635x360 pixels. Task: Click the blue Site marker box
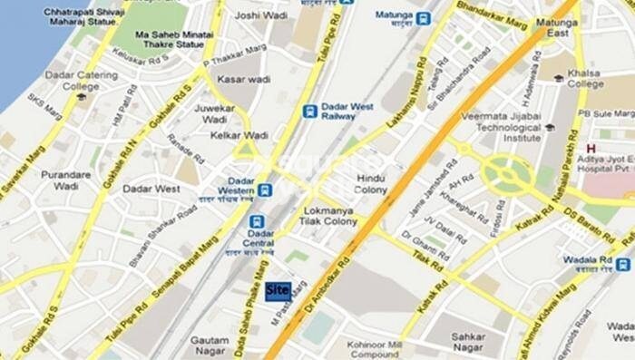[x=277, y=290]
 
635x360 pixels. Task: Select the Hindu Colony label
[x=371, y=184]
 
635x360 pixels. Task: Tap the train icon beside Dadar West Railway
[x=310, y=112]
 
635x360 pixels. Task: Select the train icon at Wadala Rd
[x=622, y=265]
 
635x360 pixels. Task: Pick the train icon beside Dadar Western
[x=265, y=190]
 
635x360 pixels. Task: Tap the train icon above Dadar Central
[x=257, y=220]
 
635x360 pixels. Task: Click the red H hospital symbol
[x=591, y=148]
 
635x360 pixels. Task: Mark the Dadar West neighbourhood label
[x=151, y=189]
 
